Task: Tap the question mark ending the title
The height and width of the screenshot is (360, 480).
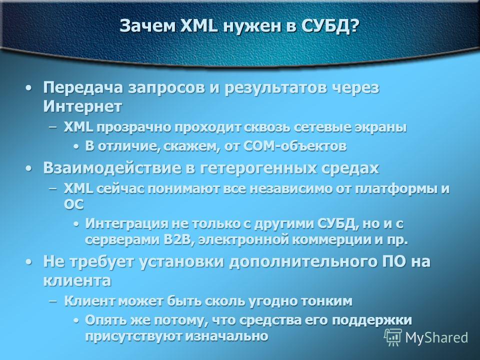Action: (354, 25)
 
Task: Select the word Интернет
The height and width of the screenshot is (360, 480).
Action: (82, 106)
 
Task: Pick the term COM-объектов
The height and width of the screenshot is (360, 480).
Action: (295, 146)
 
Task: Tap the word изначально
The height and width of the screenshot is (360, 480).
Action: (227, 336)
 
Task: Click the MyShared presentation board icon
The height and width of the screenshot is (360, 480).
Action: (393, 337)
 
